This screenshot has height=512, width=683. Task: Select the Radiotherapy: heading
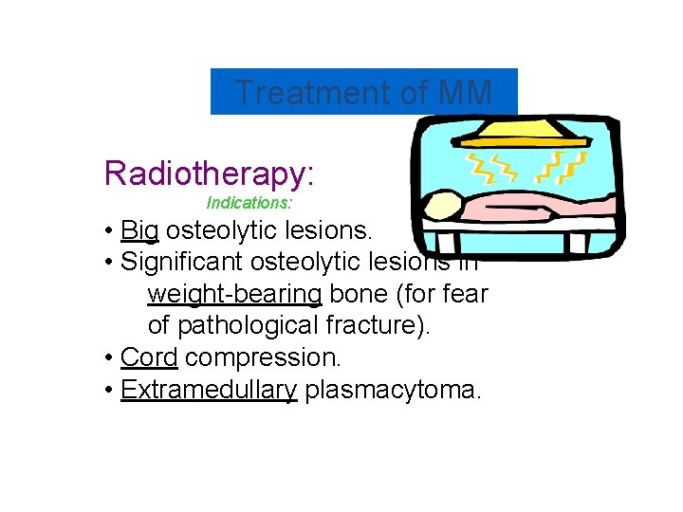(209, 174)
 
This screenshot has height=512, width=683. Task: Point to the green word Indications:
(249, 203)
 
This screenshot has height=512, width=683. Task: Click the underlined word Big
(139, 230)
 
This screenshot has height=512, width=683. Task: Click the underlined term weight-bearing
(234, 294)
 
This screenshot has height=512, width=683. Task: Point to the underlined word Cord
(149, 357)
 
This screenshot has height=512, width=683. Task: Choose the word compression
(263, 357)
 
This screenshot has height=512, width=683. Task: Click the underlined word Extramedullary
(209, 390)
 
